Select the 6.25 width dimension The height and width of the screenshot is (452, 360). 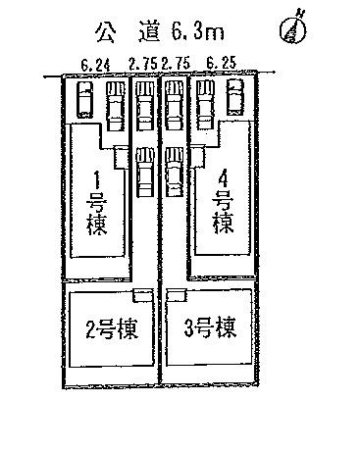pos(218,66)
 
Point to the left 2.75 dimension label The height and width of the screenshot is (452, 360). pos(144,66)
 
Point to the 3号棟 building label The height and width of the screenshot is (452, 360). pos(213,325)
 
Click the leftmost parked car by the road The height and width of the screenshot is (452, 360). pos(85,98)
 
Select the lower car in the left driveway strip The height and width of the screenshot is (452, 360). pos(144,171)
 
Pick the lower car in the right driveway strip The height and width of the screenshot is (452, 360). pos(175,171)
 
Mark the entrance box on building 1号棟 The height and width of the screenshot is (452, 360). pos(121,155)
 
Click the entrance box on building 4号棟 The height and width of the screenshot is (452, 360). pos(197,155)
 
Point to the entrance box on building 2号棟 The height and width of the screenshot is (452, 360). pos(142,294)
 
